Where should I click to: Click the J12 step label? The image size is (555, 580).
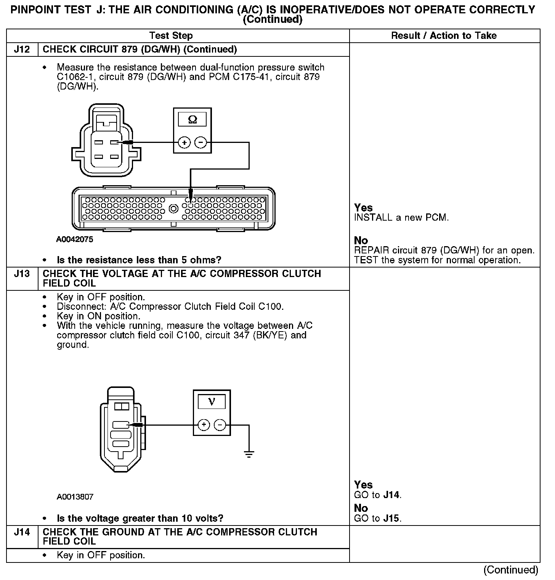22,50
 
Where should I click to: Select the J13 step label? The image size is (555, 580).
22,274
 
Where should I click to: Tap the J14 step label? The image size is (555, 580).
22,532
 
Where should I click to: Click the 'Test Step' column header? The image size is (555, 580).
171,36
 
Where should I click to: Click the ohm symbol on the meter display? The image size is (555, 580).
192,120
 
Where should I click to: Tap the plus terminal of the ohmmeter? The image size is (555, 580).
184,143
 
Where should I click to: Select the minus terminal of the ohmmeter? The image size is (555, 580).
201,143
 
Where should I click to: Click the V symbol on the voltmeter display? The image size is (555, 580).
212,402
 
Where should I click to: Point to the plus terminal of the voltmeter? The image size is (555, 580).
204,425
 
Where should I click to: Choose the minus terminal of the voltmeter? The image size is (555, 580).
220,425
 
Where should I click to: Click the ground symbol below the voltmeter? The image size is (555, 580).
249,454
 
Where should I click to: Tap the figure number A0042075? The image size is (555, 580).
75,240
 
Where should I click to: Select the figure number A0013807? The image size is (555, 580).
75,497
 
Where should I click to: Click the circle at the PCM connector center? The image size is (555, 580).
174,208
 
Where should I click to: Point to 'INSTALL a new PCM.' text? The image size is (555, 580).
401,218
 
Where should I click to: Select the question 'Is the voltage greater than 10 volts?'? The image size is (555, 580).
140,518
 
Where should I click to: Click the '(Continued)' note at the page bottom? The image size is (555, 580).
510,570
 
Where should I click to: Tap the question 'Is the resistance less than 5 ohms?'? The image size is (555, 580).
139,260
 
